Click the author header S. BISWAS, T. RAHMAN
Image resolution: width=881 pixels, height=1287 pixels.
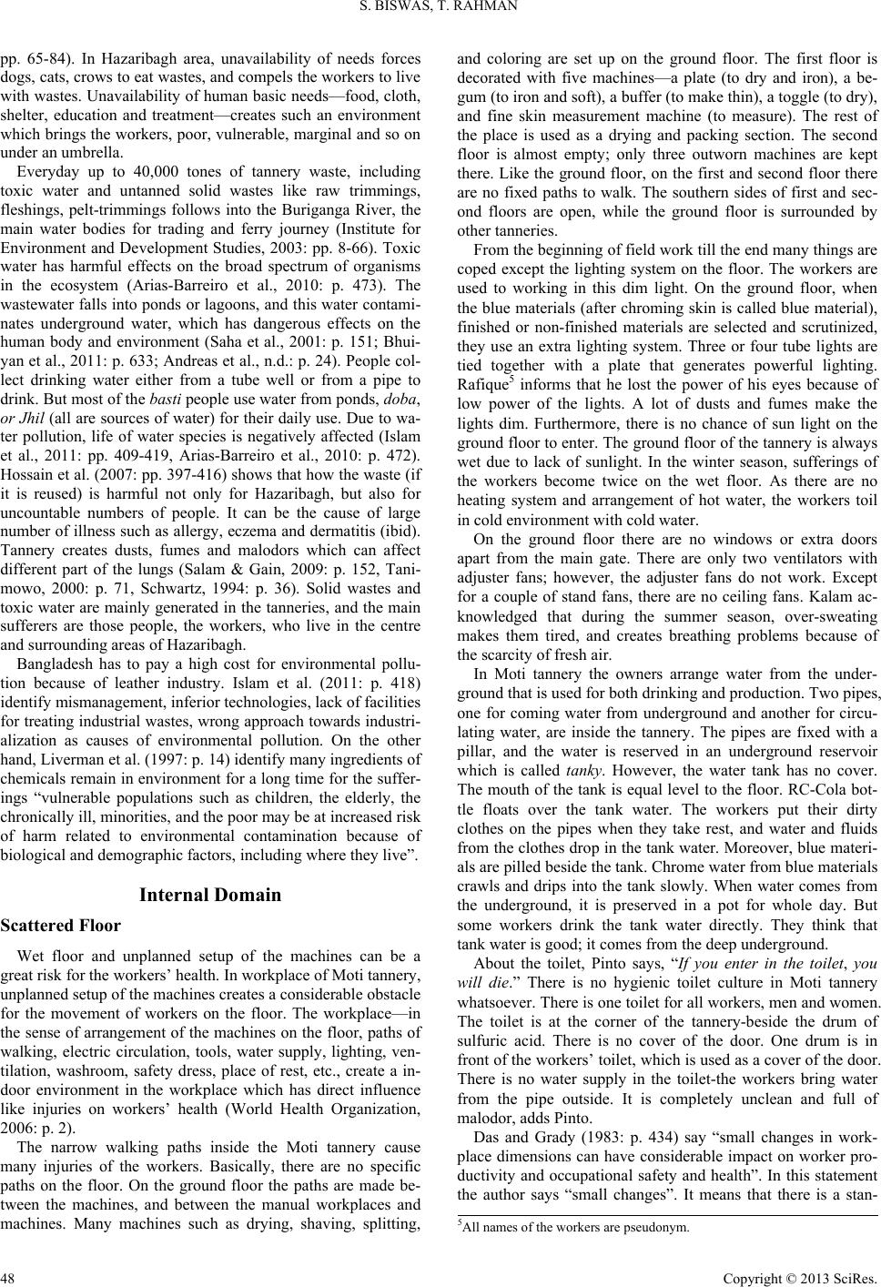[440, 11]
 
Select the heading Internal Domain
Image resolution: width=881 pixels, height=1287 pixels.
[211, 895]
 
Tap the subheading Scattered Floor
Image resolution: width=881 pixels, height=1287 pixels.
[62, 926]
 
